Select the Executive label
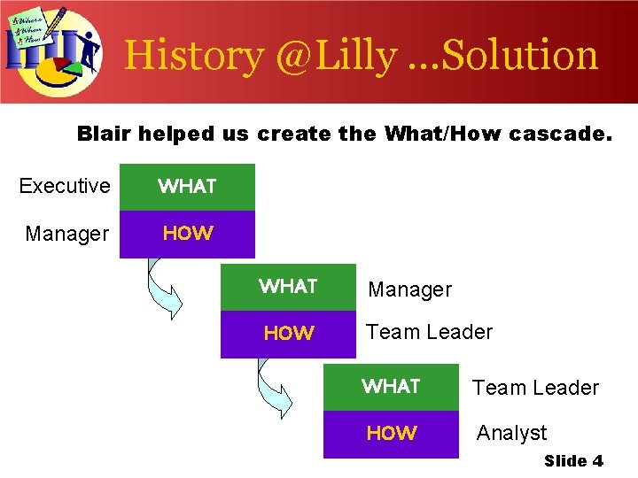click(x=65, y=186)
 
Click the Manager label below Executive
click(x=67, y=234)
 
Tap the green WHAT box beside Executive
click(x=187, y=187)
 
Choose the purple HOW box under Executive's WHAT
click(x=187, y=234)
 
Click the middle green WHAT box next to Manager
click(x=288, y=287)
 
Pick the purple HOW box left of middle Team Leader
click(x=288, y=334)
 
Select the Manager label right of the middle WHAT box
click(x=409, y=289)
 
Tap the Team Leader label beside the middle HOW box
click(x=429, y=332)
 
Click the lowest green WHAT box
click(x=391, y=387)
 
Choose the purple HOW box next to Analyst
click(x=391, y=434)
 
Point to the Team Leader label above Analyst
click(x=535, y=388)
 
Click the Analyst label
click(x=511, y=433)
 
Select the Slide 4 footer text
click(x=573, y=460)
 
